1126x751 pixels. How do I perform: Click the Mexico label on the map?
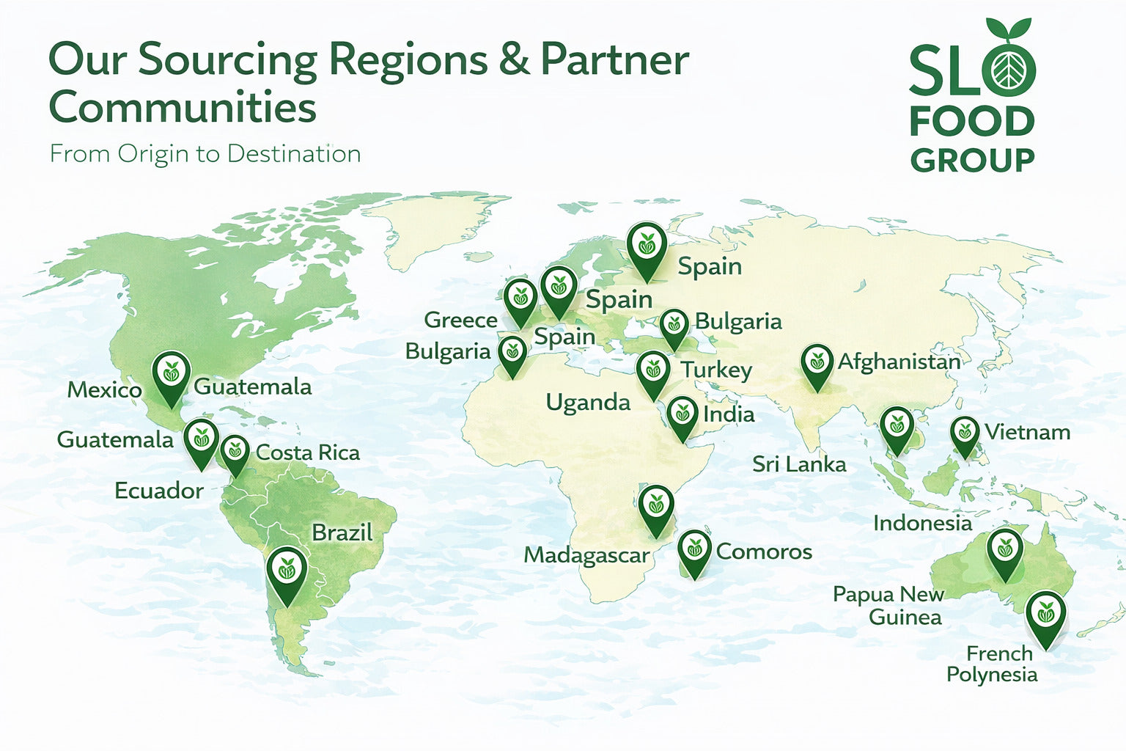(x=104, y=389)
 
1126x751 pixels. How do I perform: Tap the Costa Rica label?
(x=307, y=453)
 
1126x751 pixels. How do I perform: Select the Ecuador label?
(x=159, y=491)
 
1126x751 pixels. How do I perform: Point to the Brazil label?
(x=342, y=532)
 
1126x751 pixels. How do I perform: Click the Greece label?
(x=460, y=320)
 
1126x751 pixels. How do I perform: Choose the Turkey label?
(x=716, y=370)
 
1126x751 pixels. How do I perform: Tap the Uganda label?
(x=588, y=403)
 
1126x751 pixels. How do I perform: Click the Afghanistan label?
(x=899, y=362)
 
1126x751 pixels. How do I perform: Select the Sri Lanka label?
(x=799, y=464)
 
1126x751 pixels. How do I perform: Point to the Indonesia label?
(x=922, y=523)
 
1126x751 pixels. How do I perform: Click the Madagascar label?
(x=586, y=555)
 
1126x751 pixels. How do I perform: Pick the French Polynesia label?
(x=992, y=664)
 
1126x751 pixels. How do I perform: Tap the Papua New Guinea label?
(x=888, y=605)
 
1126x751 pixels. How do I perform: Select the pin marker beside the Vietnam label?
(x=965, y=435)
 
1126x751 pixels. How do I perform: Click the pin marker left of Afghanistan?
(x=817, y=365)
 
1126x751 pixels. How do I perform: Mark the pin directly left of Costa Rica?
(x=235, y=452)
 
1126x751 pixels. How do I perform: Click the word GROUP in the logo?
(x=972, y=159)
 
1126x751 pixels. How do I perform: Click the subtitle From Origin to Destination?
(x=205, y=154)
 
